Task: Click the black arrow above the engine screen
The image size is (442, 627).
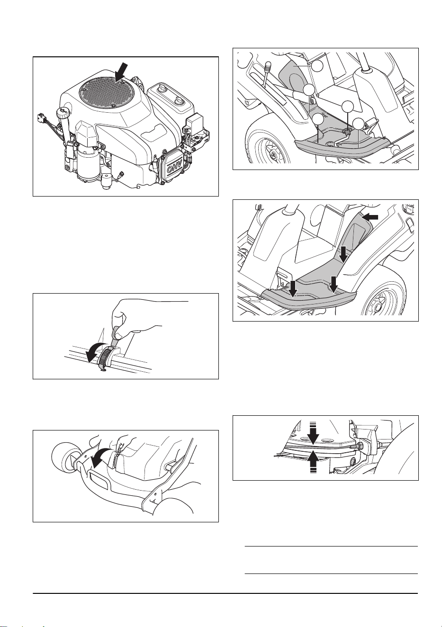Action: tap(121, 72)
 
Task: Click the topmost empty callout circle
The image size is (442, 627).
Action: tap(317, 65)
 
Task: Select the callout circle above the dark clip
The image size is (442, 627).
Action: tap(347, 106)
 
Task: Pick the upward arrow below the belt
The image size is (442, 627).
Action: tap(313, 462)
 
